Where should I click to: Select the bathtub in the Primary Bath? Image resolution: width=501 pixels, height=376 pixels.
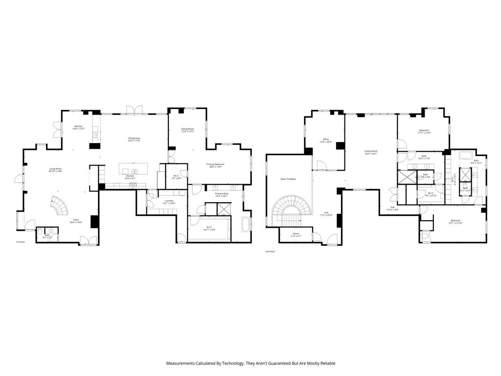point(245,224)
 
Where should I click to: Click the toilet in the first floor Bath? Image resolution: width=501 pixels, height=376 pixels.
point(52,230)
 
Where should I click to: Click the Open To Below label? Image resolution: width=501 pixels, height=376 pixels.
point(288,179)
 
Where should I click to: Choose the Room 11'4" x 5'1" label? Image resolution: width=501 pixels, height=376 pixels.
point(296,235)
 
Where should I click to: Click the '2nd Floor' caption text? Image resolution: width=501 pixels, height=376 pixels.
point(270,252)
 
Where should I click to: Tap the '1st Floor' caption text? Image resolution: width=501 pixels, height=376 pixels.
point(20,242)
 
